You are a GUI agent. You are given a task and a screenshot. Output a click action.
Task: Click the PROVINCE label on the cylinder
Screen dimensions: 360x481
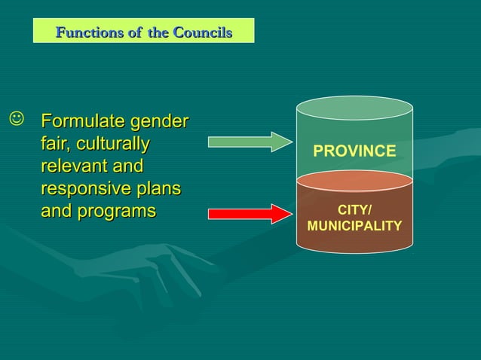(354, 151)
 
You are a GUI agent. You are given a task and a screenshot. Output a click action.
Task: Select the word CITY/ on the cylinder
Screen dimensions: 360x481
(354, 210)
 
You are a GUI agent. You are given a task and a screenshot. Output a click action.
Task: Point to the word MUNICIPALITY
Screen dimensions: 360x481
(354, 226)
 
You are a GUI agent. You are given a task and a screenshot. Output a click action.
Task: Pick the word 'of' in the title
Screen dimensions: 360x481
(136, 32)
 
